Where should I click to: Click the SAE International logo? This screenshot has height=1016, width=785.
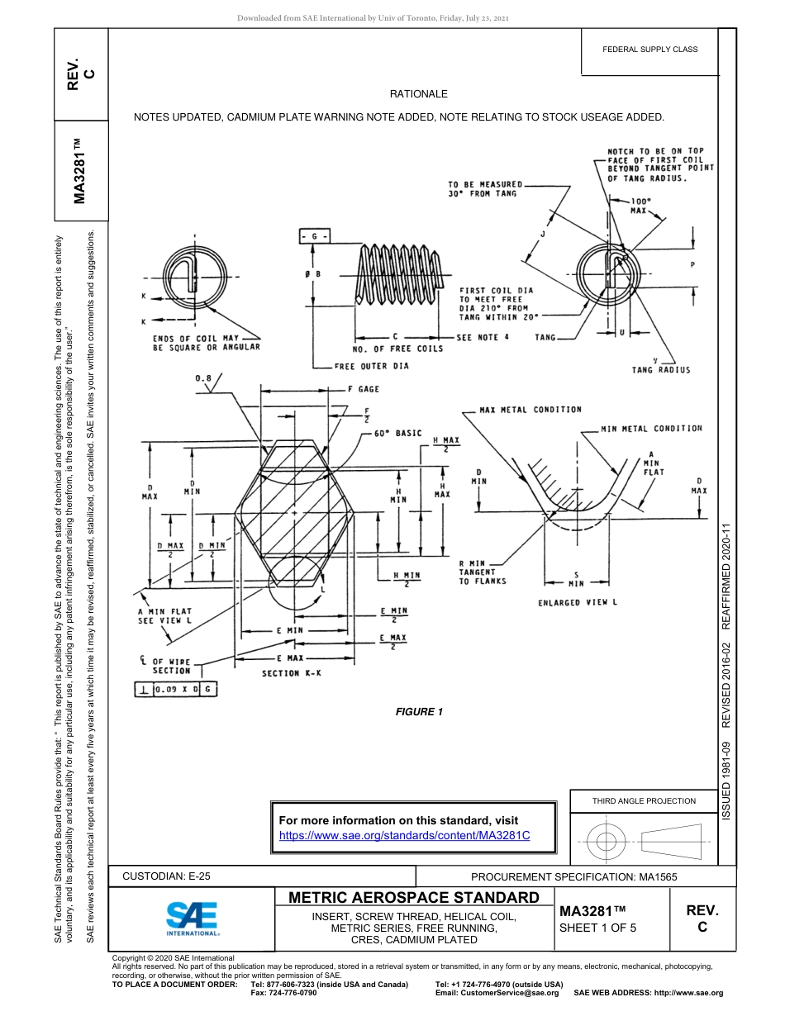point(192,918)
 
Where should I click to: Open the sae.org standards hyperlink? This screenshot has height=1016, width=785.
point(404,835)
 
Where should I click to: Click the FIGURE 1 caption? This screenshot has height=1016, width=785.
point(419,712)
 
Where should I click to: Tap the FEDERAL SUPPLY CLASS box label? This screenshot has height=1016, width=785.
point(649,50)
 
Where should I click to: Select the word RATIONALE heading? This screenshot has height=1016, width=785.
point(419,95)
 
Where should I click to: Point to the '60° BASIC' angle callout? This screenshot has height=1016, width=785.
point(397,433)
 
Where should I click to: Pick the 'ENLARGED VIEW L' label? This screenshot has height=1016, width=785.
point(578,602)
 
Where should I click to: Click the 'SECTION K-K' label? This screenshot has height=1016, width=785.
point(292,673)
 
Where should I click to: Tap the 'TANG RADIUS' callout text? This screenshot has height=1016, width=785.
point(660,370)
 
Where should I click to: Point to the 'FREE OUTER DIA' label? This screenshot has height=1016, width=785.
point(371,366)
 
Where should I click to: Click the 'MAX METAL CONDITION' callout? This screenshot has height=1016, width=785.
point(530,410)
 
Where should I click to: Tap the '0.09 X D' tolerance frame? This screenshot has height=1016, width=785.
point(175,688)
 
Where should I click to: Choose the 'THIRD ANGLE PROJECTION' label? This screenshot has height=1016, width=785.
point(644,800)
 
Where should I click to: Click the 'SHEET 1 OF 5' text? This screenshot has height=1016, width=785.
point(598,928)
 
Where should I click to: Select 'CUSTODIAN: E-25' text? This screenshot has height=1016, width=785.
point(172,876)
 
